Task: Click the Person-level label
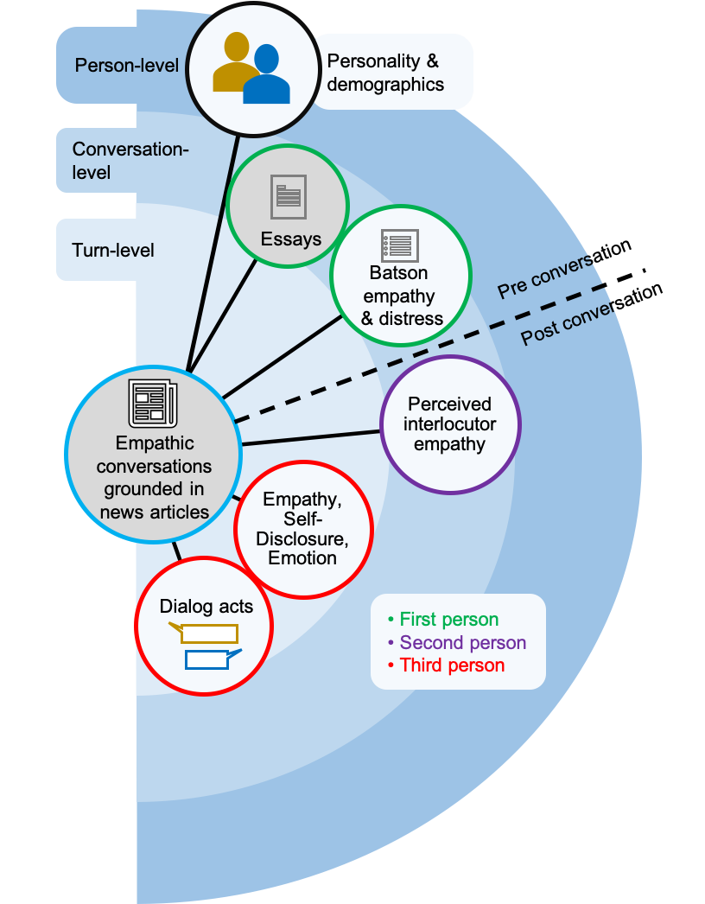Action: pos(127,66)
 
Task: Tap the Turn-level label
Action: pos(113,251)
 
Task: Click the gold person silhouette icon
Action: pos(234,62)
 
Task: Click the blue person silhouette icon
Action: pos(267,76)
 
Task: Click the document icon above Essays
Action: pos(289,196)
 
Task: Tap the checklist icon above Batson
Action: pos(400,245)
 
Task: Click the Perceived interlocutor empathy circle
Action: pos(449,424)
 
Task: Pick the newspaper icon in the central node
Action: pos(152,403)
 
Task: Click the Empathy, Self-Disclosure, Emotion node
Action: pos(302,529)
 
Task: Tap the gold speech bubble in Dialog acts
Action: pos(207,633)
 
